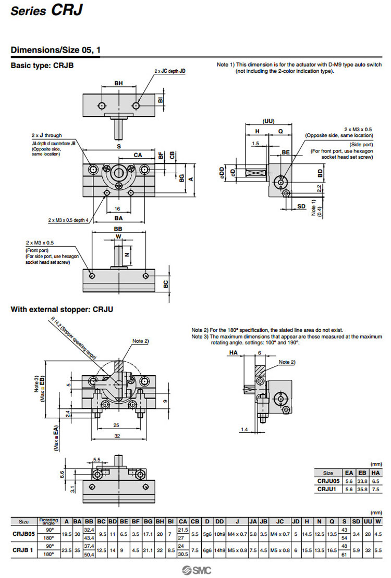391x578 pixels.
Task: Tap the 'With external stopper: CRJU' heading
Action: pyautogui.click(x=62, y=310)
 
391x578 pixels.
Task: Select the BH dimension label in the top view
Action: pyautogui.click(x=119, y=82)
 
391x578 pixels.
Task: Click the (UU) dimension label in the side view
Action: pyautogui.click(x=268, y=121)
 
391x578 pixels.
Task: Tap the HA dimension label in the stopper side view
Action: pyautogui.click(x=233, y=353)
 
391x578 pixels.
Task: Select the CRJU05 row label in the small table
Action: pyautogui.click(x=328, y=482)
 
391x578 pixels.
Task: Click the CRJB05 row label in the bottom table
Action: pyautogui.click(x=23, y=533)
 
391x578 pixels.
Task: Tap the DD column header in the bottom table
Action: pyautogui.click(x=219, y=521)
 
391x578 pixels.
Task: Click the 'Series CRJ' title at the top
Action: pyautogui.click(x=46, y=11)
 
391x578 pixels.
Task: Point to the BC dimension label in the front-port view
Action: pyautogui.click(x=166, y=284)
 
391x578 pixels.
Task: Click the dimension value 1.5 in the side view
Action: pyautogui.click(x=255, y=143)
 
